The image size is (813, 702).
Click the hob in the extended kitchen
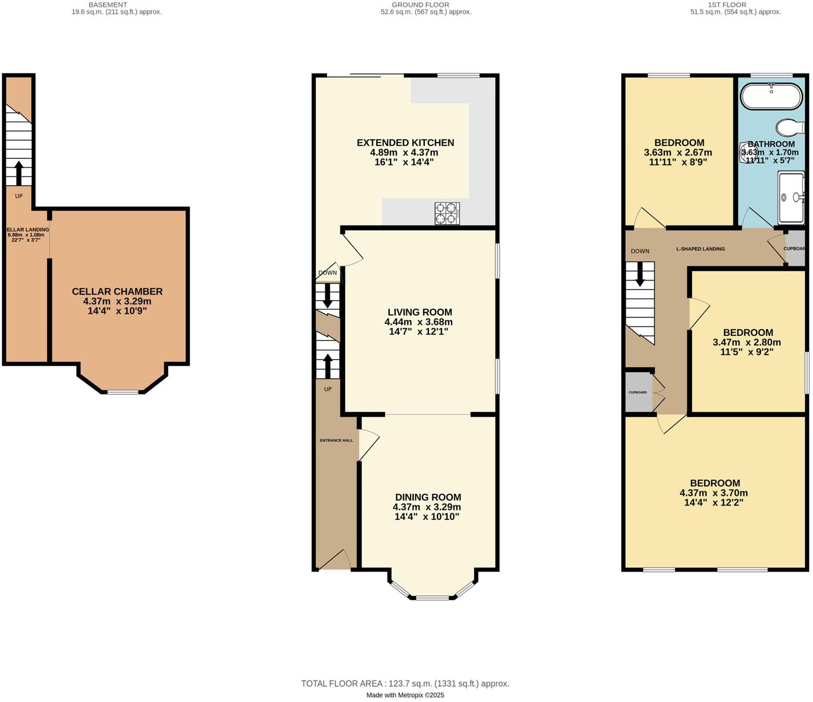point(447,213)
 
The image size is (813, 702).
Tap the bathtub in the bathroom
point(771,96)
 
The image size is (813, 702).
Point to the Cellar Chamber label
point(117,291)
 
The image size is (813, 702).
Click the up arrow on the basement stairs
point(19,173)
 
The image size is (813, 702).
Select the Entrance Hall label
point(336,440)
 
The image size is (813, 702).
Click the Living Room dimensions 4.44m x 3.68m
point(418,322)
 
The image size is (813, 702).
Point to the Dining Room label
point(428,497)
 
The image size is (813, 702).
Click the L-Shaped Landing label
point(700,249)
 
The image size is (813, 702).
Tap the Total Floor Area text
point(405,683)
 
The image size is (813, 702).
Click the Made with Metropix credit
point(405,695)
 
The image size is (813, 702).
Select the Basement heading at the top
point(108,5)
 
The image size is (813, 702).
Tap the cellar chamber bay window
point(123,392)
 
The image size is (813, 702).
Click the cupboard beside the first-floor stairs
point(638,392)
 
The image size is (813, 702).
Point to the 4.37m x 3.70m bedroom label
point(714,493)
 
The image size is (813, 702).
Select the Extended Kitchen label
point(405,142)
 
